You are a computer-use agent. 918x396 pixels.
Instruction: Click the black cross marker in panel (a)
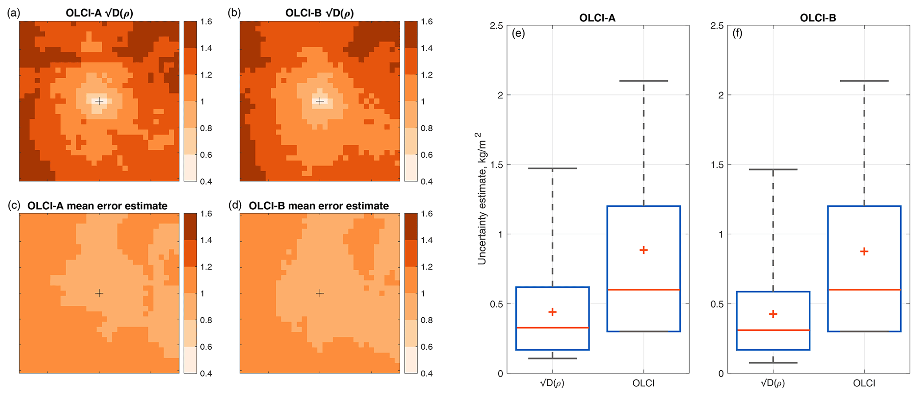[99, 101]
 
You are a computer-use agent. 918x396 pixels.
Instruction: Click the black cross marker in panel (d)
[320, 293]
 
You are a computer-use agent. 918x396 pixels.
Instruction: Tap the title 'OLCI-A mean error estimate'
[97, 206]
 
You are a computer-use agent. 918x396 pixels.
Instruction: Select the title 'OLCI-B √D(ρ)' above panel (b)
[320, 13]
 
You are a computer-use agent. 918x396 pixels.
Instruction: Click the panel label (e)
[518, 33]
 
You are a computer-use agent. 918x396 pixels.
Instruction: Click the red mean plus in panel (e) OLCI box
[644, 250]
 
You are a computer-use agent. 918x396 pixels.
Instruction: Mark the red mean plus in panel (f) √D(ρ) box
[773, 314]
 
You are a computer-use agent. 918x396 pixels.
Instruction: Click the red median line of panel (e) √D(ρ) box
[552, 328]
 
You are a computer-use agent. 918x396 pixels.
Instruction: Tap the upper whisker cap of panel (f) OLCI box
[864, 81]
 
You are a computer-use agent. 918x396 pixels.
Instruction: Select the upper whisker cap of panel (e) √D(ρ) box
[552, 168]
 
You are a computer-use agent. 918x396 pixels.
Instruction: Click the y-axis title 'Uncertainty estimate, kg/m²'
[482, 199]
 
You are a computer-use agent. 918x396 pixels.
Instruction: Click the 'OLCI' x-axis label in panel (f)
[864, 383]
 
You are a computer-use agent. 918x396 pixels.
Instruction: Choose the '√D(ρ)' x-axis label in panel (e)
[552, 383]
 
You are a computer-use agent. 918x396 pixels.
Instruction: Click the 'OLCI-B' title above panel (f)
[818, 18]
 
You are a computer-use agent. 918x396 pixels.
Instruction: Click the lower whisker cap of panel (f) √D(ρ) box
[773, 363]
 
